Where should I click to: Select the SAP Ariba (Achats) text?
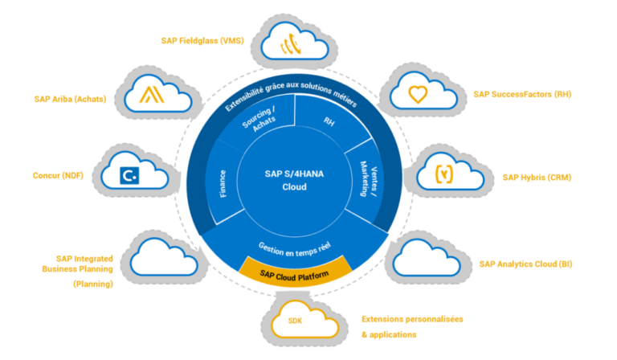71,100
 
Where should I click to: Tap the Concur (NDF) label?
59,176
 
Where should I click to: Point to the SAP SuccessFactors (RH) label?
522,94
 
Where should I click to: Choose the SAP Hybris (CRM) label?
537,178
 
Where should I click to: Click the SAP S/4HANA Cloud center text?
297,180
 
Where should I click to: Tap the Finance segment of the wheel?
222,182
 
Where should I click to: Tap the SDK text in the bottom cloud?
297,321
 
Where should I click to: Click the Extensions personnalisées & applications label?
412,326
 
